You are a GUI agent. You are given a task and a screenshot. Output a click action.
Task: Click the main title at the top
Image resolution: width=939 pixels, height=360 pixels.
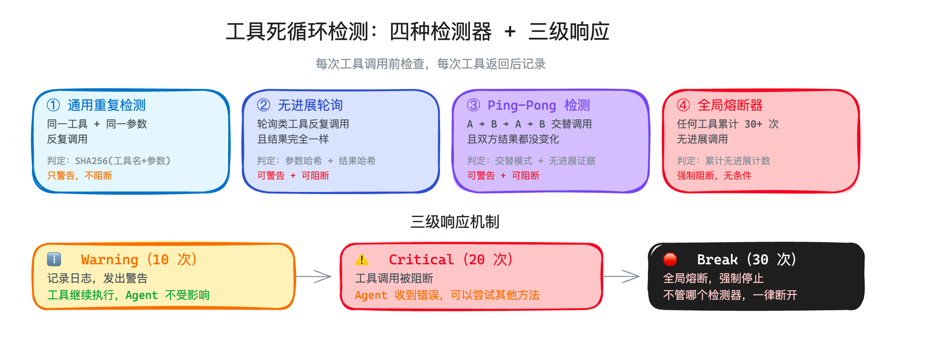click(417, 32)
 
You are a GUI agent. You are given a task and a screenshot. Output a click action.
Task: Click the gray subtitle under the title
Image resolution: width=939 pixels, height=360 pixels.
click(430, 64)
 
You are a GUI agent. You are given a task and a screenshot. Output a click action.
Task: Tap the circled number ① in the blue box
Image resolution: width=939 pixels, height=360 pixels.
click(54, 105)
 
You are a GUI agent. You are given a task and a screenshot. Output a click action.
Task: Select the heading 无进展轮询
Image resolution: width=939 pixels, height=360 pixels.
click(310, 105)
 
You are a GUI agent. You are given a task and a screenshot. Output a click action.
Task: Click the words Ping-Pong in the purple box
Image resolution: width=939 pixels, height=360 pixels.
click(522, 105)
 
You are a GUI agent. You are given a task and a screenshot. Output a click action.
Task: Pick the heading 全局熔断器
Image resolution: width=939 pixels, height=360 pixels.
click(730, 105)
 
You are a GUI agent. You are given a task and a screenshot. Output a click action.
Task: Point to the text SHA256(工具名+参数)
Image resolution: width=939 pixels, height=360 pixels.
click(123, 161)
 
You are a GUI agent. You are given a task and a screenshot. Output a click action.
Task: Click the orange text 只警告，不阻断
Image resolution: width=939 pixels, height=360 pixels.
click(79, 176)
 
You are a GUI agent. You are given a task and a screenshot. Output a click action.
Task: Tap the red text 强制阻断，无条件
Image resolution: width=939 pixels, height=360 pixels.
click(714, 176)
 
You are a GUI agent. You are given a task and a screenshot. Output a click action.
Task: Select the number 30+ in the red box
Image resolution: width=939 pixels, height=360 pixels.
click(753, 124)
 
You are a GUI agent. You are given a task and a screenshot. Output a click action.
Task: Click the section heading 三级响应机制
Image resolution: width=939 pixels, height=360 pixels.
click(454, 222)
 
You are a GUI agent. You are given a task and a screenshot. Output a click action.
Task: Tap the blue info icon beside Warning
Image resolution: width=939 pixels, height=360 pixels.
click(54, 259)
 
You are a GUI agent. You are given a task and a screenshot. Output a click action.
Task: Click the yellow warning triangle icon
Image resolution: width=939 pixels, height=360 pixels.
click(362, 259)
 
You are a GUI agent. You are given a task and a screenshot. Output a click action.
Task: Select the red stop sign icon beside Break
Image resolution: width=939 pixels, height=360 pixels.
click(670, 259)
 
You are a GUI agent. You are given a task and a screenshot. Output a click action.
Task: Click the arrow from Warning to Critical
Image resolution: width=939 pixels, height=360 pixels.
click(314, 276)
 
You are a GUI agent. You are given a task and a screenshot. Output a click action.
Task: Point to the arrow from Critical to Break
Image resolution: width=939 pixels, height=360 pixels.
click(621, 276)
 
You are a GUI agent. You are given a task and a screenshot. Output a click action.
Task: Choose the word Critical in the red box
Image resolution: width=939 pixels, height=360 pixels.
click(421, 260)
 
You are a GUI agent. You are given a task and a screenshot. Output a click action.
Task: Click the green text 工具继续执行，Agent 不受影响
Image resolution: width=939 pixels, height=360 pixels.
click(128, 295)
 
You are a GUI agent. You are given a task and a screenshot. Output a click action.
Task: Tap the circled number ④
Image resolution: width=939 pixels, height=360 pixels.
click(683, 105)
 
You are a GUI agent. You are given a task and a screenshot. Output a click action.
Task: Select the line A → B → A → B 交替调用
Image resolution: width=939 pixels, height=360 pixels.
click(529, 124)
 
